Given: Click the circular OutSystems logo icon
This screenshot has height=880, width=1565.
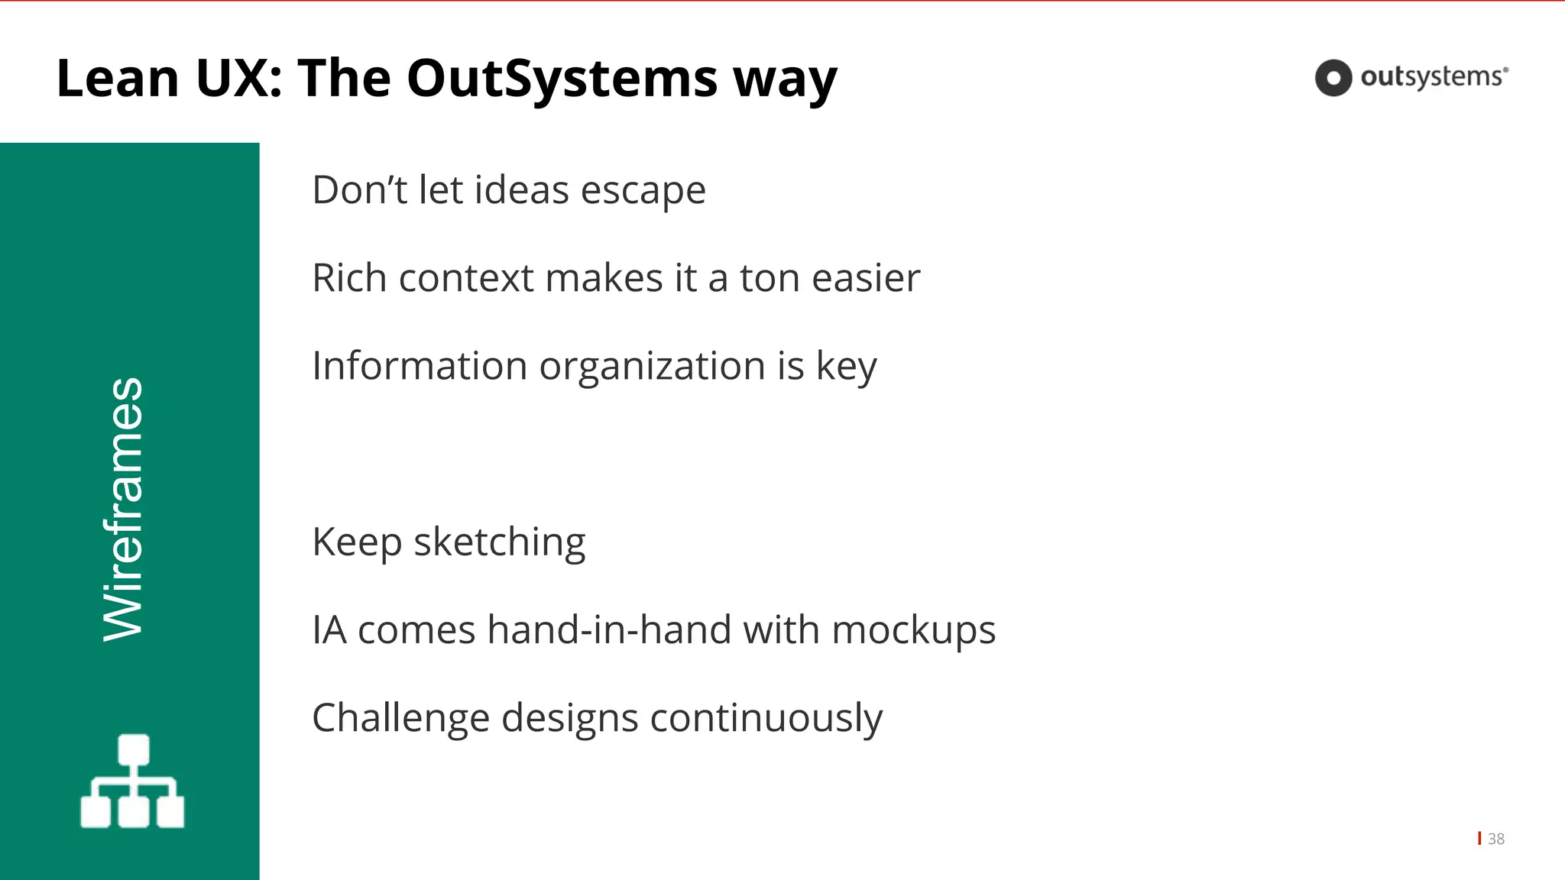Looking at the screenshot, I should click(1333, 78).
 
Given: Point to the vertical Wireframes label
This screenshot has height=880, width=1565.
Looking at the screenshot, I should click(124, 510).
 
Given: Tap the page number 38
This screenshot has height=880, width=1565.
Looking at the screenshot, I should click(1496, 839).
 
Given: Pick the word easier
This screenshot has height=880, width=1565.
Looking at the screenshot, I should click(866, 278).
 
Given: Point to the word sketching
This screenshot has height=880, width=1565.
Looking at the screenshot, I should click(500, 543).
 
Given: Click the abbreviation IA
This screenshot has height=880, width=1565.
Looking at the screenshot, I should click(329, 630).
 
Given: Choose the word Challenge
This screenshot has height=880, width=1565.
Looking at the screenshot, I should click(400, 719).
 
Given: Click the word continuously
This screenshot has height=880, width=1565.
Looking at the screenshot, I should click(766, 719).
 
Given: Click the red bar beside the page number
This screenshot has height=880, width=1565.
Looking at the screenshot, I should click(1480, 838).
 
